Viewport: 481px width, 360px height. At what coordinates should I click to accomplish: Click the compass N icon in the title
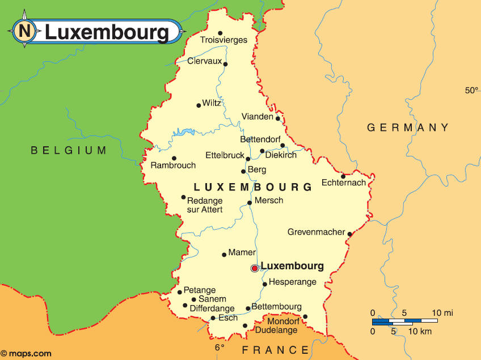(24, 31)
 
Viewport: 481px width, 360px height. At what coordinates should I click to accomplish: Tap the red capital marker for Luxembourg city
(255, 268)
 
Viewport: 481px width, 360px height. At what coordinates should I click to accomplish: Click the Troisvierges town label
(223, 40)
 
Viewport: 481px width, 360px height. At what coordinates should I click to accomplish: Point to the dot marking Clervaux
(225, 64)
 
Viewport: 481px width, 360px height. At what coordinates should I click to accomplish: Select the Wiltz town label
(212, 103)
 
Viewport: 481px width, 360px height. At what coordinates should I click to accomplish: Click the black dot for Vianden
(278, 118)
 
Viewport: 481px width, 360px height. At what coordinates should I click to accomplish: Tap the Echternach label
(344, 183)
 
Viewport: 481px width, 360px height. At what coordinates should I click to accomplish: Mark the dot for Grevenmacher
(349, 234)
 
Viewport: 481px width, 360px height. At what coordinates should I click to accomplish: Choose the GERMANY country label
(408, 128)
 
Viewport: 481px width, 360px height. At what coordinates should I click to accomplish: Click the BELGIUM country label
(69, 150)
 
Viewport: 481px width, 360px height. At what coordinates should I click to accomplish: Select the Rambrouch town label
(173, 166)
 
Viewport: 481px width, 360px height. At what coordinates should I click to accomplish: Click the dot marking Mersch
(250, 202)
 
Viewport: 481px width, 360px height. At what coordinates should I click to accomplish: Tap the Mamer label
(242, 253)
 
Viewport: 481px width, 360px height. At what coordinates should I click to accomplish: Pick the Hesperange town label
(292, 282)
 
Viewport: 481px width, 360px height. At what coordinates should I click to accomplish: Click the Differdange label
(212, 308)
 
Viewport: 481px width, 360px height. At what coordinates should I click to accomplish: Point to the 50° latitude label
(472, 90)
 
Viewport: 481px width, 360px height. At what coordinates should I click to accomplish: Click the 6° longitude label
(220, 347)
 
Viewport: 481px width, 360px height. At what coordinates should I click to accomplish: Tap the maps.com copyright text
(27, 353)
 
